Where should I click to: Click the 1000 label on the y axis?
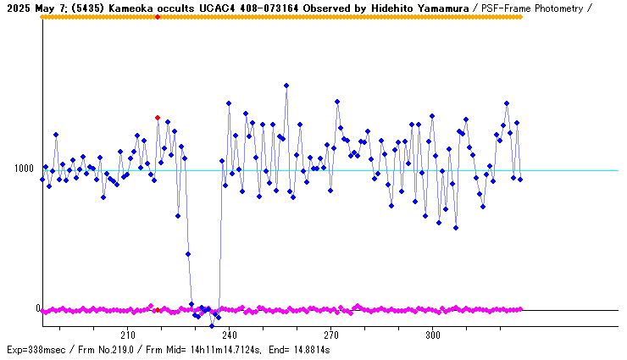pos(24,169)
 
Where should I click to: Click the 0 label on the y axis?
pos(37,308)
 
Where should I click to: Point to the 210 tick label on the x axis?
pos(128,334)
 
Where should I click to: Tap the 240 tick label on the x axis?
pos(229,334)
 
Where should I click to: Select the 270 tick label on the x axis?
pos(330,334)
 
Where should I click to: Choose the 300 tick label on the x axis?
pos(432,334)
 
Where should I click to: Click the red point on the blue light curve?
pos(158,118)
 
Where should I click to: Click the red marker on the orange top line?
pos(158,17)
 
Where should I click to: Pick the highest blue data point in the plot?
pos(286,86)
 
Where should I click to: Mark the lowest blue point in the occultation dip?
pos(212,325)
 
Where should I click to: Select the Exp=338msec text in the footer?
pos(34,349)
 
